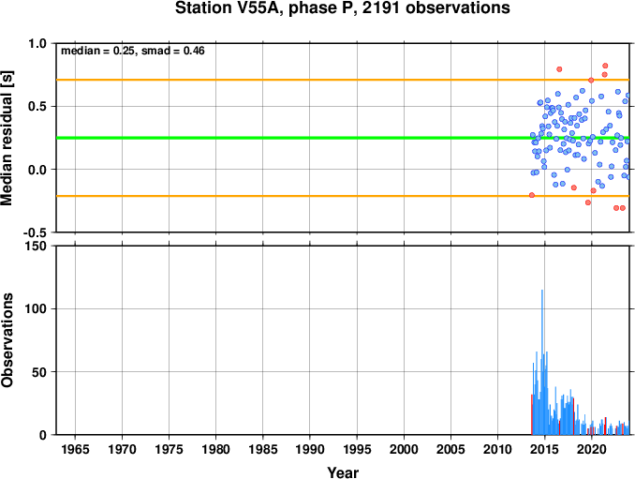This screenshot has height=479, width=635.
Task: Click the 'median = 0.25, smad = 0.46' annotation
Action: pos(133,51)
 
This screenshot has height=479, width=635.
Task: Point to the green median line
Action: pos(343,138)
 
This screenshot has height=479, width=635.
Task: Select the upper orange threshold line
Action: pos(343,80)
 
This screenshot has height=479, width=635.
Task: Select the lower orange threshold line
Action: pos(343,196)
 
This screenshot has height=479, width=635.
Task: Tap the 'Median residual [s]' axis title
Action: pos(7,138)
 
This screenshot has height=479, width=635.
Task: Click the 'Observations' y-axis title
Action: pos(7,340)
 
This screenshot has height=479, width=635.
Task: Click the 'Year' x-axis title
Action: pos(343,472)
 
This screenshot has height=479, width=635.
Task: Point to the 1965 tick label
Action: pos(75,449)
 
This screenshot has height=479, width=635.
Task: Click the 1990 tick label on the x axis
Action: pos(310,449)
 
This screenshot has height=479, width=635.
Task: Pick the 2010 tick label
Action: pos(497,449)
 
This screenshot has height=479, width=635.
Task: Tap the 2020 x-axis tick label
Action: pos(592,449)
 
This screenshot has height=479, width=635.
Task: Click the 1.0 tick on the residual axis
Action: pos(37,43)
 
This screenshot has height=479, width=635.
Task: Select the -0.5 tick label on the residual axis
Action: pos(35,232)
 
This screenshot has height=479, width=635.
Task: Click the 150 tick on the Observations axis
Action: pos(37,246)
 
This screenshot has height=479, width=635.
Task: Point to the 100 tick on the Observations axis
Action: pos(37,308)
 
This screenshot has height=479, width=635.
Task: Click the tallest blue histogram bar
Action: pos(542,362)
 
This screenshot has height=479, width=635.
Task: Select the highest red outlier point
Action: pos(605,66)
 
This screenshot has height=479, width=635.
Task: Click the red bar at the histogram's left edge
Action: pos(532,414)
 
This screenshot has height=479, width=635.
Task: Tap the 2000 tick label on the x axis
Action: pos(404,449)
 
